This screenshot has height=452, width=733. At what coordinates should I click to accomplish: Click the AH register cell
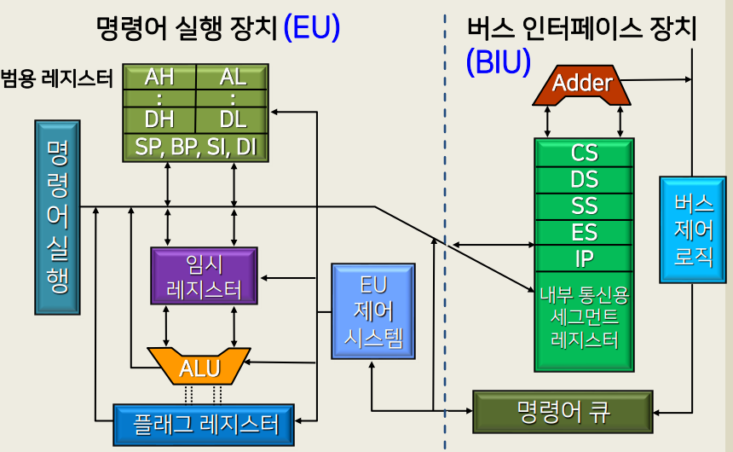click(x=159, y=77)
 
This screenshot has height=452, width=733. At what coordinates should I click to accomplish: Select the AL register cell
click(x=233, y=77)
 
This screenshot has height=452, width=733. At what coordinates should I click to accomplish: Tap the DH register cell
click(x=159, y=119)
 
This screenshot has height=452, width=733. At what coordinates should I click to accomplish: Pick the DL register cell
click(x=233, y=119)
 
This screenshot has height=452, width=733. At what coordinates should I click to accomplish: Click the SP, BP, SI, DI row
click(x=196, y=147)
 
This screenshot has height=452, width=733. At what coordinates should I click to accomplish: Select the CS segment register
click(x=585, y=154)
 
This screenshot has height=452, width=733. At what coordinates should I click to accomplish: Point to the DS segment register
click(x=585, y=180)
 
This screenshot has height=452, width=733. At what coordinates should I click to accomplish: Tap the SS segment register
click(x=585, y=206)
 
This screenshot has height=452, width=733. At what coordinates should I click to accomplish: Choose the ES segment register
click(x=585, y=232)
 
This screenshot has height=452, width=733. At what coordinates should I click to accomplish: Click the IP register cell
click(x=585, y=258)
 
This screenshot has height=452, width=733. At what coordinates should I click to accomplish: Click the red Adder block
click(x=582, y=84)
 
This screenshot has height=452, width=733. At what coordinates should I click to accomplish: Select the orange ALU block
click(x=199, y=367)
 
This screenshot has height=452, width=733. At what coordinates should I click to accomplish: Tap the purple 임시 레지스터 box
click(x=204, y=275)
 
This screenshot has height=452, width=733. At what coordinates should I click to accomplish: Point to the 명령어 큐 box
click(x=563, y=411)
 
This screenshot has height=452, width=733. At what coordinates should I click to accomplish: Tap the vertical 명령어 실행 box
click(x=57, y=217)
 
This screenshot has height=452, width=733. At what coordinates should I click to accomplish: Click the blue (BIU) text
click(x=499, y=61)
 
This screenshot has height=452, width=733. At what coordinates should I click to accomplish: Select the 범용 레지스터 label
click(x=57, y=79)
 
